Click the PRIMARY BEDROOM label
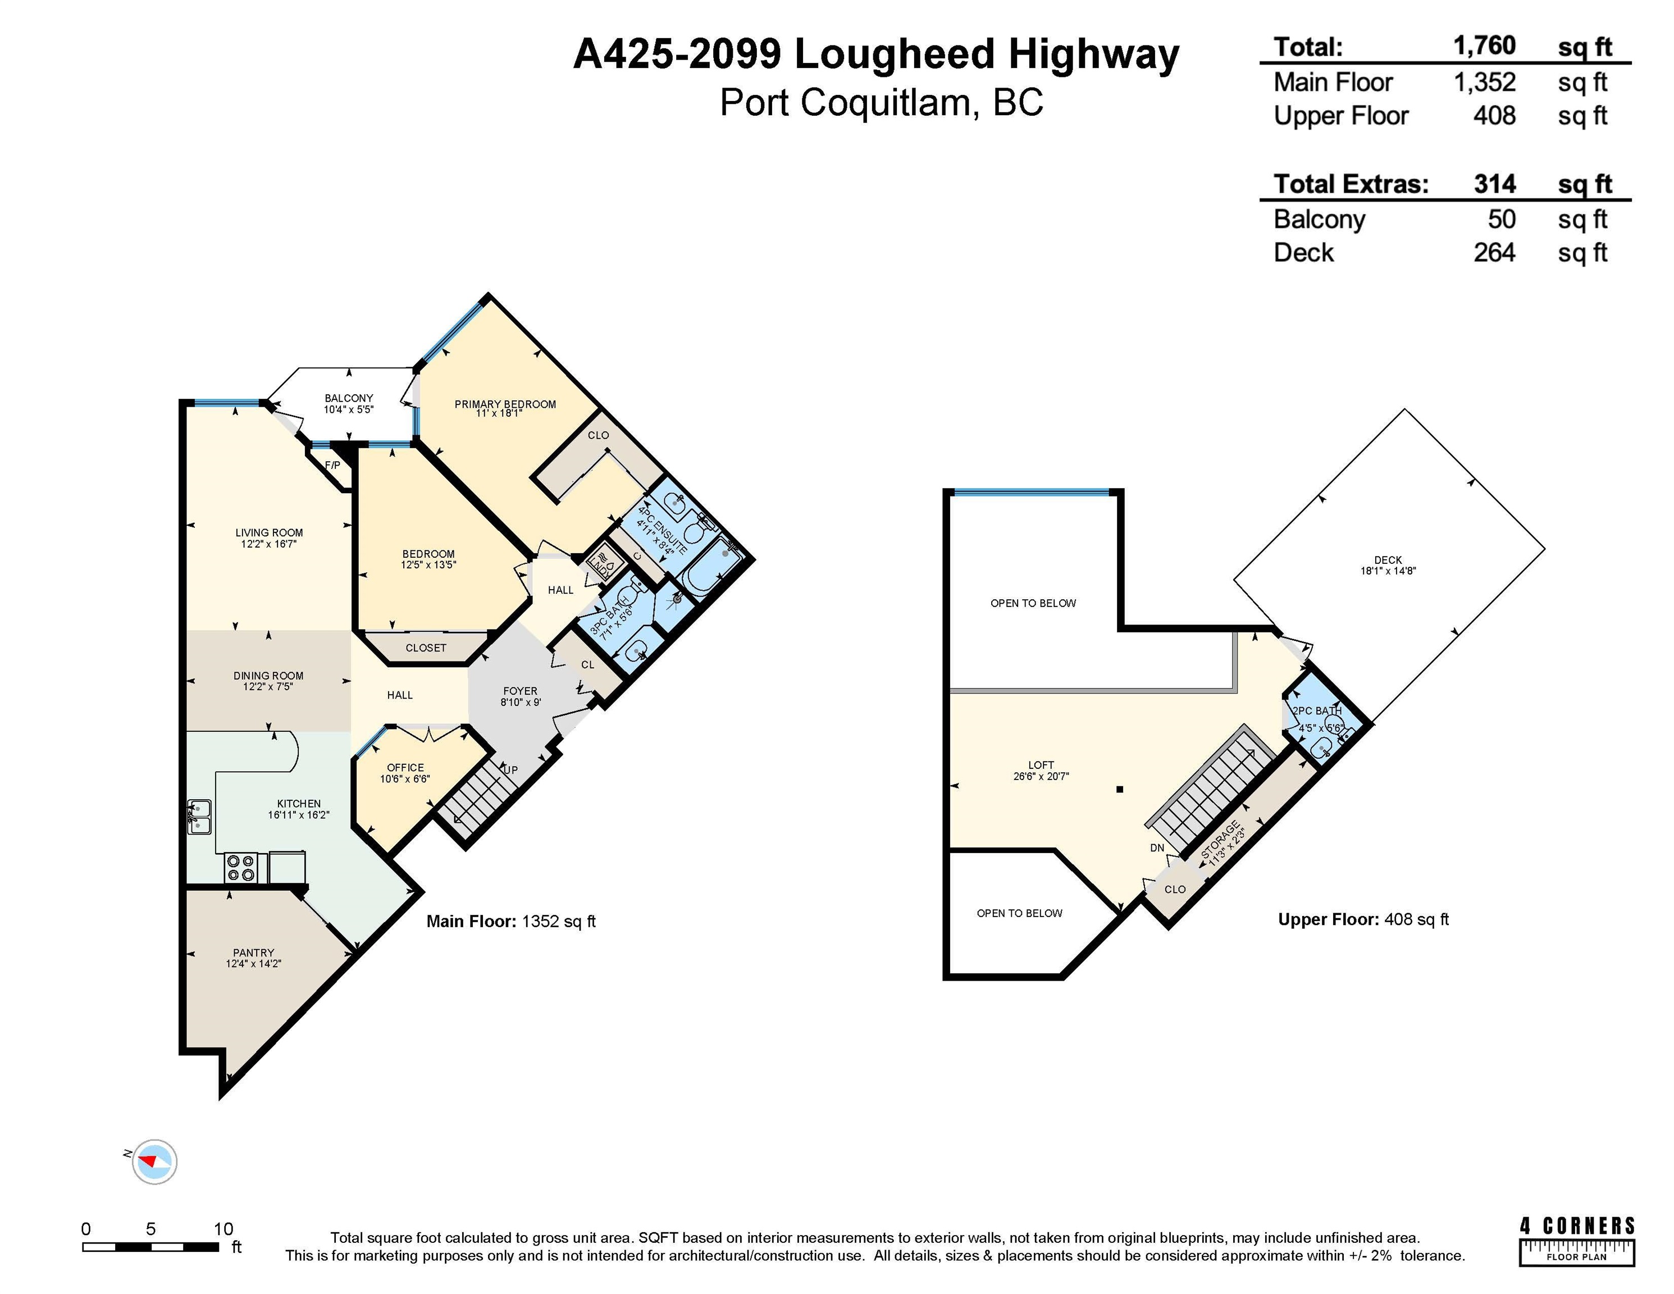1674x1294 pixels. pyautogui.click(x=505, y=404)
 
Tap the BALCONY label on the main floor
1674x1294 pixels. pyautogui.click(x=349, y=398)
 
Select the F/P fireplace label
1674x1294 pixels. pyautogui.click(x=332, y=466)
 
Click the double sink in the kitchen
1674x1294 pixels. pyautogui.click(x=200, y=817)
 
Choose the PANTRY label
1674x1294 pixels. pyautogui.click(x=254, y=952)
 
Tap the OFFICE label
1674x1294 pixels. pyautogui.click(x=405, y=767)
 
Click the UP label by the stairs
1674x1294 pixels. pyautogui.click(x=510, y=769)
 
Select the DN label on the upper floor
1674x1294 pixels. pyautogui.click(x=1157, y=848)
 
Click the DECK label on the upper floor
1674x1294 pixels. pyautogui.click(x=1388, y=559)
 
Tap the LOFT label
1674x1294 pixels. pyautogui.click(x=1041, y=764)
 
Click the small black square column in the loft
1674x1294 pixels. pyautogui.click(x=1120, y=789)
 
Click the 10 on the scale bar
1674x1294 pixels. pyautogui.click(x=223, y=1229)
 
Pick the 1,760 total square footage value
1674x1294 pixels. pyautogui.click(x=1485, y=46)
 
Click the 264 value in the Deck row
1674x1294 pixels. pyautogui.click(x=1494, y=252)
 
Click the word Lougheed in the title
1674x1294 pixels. pyautogui.click(x=894, y=54)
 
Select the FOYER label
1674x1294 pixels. pyautogui.click(x=521, y=691)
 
